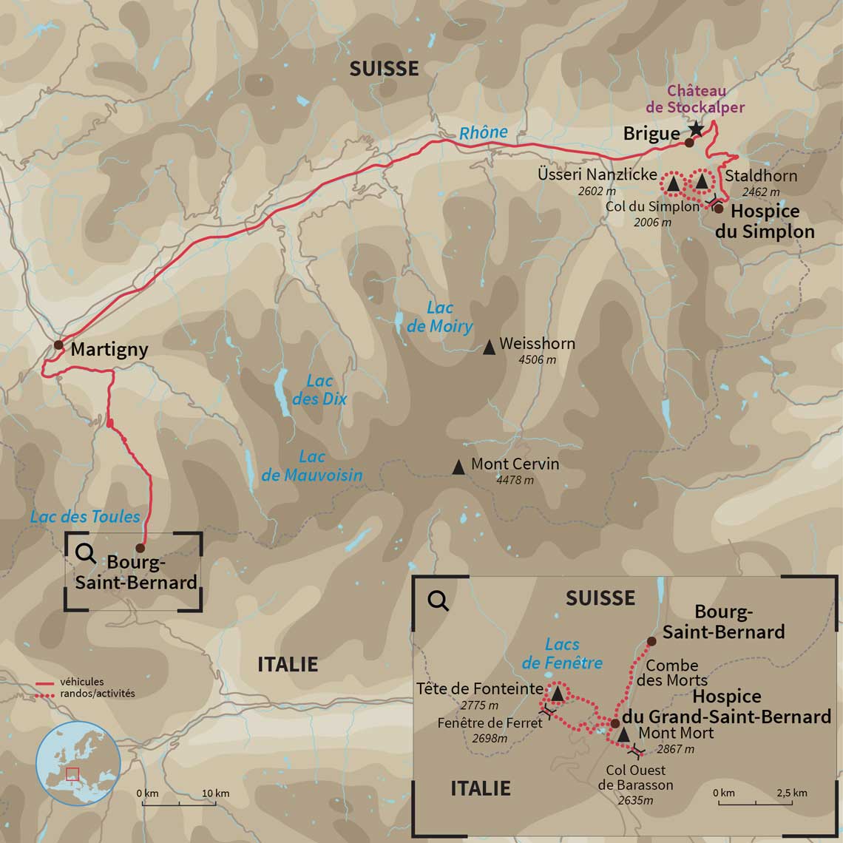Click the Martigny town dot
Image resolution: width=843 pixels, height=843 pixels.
(x=58, y=345)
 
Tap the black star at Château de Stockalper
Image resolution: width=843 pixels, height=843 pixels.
(x=696, y=129)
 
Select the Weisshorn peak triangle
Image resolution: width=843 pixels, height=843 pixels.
(x=489, y=347)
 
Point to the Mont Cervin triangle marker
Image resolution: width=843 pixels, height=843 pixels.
(x=458, y=467)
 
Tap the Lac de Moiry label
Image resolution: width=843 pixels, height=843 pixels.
(x=439, y=317)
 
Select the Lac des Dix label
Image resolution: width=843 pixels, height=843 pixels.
(x=319, y=390)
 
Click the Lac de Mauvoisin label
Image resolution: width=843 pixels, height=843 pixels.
(x=312, y=466)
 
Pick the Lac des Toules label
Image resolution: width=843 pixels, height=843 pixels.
(x=85, y=516)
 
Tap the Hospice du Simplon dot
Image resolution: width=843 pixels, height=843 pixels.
(x=718, y=209)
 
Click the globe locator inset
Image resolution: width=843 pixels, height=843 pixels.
(x=78, y=764)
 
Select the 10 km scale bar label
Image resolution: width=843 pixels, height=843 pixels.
(x=215, y=793)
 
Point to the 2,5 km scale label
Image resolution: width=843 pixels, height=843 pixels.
(x=791, y=793)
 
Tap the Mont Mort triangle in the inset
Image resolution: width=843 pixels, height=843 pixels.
(x=623, y=735)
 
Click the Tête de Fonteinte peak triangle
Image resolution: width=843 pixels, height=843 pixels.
(x=558, y=694)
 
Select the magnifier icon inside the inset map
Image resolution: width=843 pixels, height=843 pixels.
(x=439, y=600)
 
